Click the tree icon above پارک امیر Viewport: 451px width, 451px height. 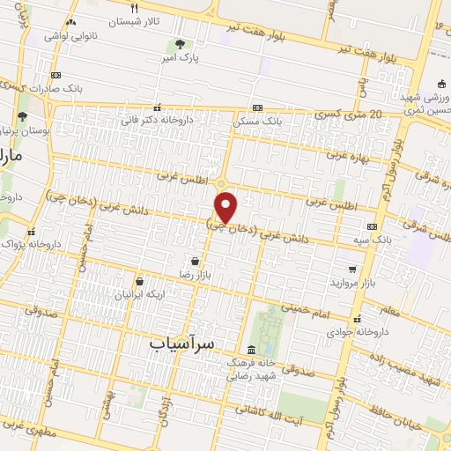click(x=180, y=44)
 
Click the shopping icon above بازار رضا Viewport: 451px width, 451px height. click(x=195, y=261)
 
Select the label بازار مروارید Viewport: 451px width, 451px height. click(x=352, y=283)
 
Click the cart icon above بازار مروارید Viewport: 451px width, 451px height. click(x=352, y=268)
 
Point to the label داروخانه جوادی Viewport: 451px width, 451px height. click(x=357, y=333)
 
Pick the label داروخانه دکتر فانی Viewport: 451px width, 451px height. click(x=157, y=120)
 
